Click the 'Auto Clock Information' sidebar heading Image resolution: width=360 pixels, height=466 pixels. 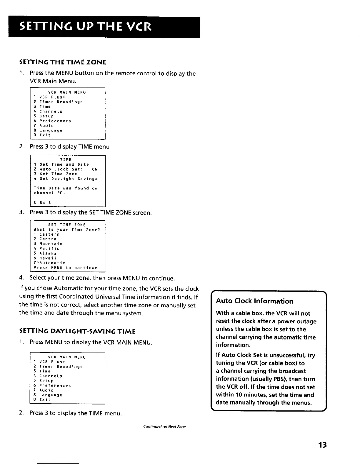[254, 301]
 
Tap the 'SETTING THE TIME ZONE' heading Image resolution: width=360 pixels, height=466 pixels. [62, 62]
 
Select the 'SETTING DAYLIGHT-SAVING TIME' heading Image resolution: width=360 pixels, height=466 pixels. [77, 332]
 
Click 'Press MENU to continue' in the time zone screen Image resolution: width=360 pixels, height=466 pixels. [65, 268]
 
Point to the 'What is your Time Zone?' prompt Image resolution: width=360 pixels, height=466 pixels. [67, 229]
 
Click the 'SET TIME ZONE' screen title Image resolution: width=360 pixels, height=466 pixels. [67, 225]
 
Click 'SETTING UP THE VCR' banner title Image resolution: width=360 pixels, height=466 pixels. [85, 27]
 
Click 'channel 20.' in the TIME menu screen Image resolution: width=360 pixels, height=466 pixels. [49, 193]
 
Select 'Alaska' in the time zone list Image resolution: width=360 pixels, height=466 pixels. [48, 253]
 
